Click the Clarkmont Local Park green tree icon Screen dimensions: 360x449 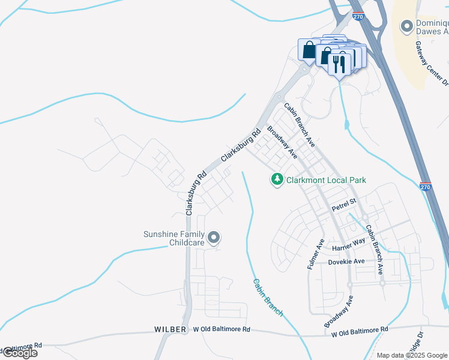(277, 179)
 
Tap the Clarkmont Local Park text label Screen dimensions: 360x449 (326, 180)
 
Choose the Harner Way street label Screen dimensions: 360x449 (349, 244)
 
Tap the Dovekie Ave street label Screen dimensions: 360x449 (346, 262)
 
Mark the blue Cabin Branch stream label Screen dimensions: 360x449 (267, 297)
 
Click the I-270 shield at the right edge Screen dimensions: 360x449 (426, 187)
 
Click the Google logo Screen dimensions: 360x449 (19, 353)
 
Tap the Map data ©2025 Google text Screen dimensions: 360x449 (412, 355)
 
